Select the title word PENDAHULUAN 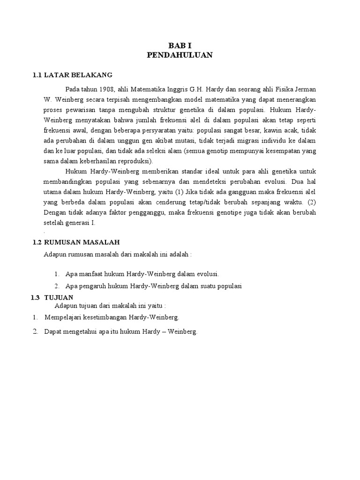[x=180, y=55]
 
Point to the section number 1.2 [x=37, y=242]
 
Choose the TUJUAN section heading [x=59, y=297]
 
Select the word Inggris [x=186, y=89]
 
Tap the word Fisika [x=279, y=89]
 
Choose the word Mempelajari [x=64, y=317]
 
